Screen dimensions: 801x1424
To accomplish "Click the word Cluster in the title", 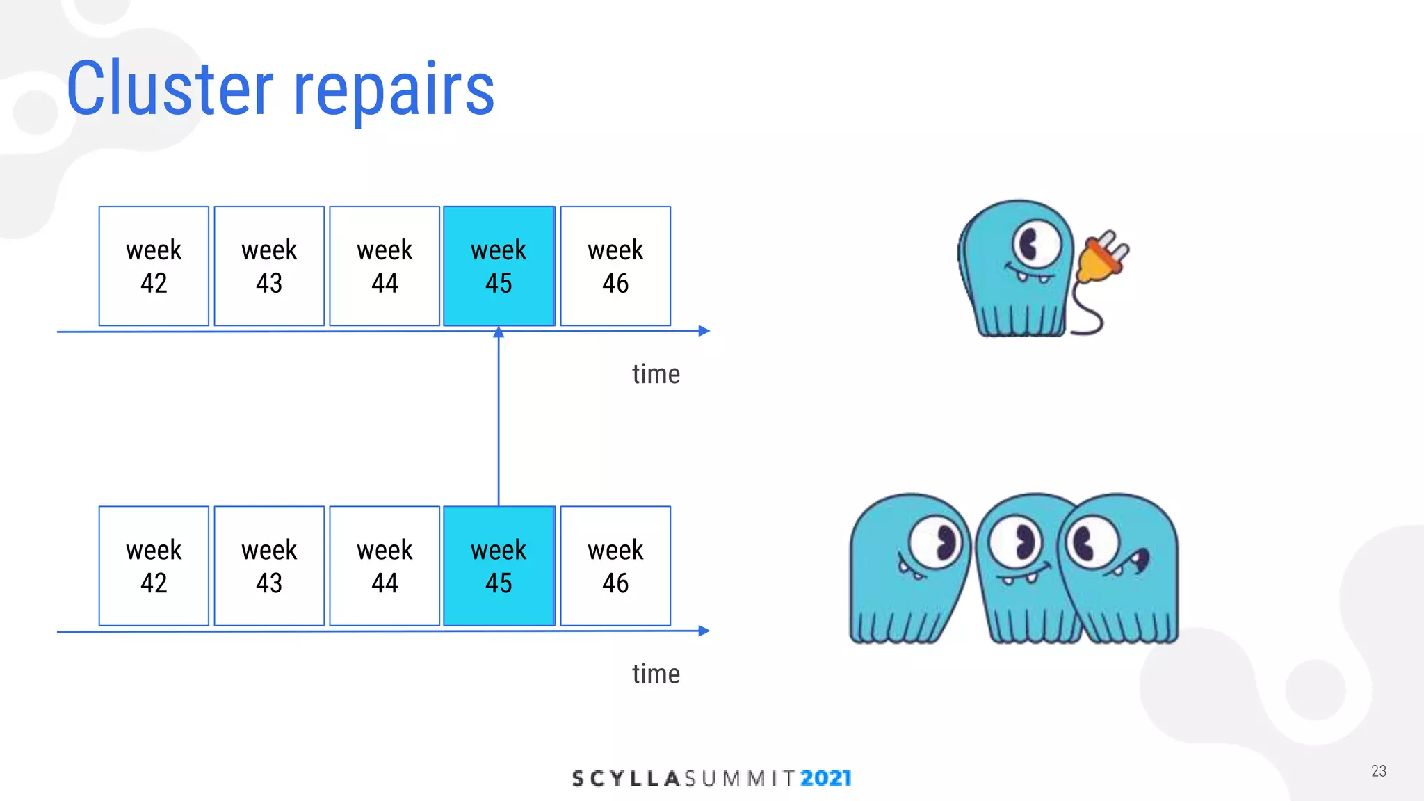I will (170, 88).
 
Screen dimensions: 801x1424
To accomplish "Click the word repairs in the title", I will (394, 90).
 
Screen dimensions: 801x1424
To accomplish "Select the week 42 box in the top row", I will (154, 266).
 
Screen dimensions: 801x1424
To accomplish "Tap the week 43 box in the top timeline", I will (269, 266).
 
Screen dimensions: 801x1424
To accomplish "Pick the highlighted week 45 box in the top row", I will (499, 266).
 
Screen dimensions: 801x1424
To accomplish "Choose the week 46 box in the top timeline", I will (615, 266).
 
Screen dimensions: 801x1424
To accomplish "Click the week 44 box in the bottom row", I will (385, 566).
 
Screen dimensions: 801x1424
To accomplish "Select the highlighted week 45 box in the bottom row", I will (499, 566).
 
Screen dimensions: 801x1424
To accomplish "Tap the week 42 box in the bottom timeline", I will (154, 566).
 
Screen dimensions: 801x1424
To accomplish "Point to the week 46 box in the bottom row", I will (615, 566).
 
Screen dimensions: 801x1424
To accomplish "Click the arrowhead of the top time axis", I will (704, 331).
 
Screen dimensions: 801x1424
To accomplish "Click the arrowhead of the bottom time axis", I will (704, 631).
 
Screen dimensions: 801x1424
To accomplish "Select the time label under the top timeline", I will (656, 374).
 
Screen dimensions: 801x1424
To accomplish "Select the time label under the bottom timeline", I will (656, 674).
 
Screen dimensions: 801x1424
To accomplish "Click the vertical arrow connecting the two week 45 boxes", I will (499, 417).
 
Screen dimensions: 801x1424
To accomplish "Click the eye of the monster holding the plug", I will (1035, 244).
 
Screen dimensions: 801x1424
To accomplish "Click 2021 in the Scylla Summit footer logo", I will (825, 778).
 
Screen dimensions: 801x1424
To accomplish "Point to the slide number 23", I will (1378, 770).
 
